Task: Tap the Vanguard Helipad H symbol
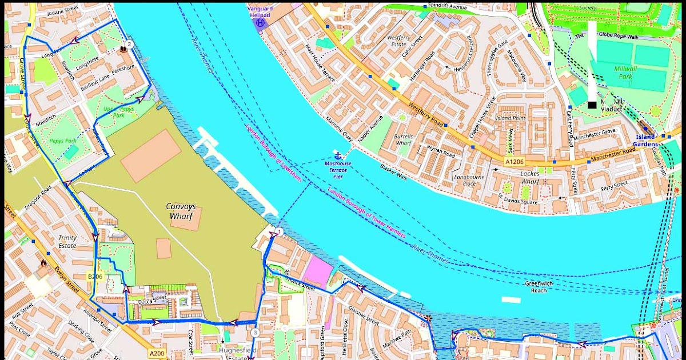click(261, 23)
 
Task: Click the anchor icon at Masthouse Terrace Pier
click(337, 155)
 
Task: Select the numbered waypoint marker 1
click(279, 231)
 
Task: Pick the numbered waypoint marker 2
click(129, 44)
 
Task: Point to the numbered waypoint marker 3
click(255, 333)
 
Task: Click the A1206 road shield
click(514, 163)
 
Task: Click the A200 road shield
click(157, 354)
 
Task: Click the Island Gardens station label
click(647, 141)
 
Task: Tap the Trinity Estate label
click(67, 242)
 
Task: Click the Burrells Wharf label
click(403, 140)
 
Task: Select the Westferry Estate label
click(397, 41)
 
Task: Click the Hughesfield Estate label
click(237, 353)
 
